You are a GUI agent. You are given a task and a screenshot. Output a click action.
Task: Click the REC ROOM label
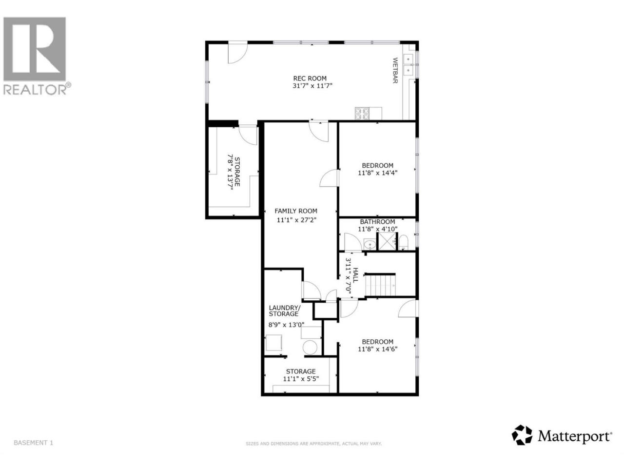310,78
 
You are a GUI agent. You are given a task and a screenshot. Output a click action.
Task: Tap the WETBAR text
395,71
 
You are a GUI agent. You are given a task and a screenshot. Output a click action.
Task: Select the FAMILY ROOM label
295,211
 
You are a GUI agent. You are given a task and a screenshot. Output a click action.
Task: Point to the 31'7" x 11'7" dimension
312,85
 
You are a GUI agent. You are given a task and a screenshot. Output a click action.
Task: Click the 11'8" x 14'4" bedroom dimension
377,173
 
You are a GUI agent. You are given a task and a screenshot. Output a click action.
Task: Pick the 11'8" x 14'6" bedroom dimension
377,349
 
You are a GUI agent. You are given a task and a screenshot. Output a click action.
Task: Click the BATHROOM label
377,222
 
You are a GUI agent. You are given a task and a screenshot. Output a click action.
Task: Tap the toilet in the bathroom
403,242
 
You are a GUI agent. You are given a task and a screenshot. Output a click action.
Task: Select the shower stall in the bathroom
386,241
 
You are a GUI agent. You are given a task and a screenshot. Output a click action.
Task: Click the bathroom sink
370,244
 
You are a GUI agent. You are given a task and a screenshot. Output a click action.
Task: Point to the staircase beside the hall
380,285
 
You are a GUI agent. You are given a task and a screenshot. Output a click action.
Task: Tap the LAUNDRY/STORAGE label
284,311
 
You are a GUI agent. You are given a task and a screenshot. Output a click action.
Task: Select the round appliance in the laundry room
310,348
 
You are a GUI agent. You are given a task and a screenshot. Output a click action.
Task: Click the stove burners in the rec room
362,114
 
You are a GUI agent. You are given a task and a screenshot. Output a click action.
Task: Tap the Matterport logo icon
522,443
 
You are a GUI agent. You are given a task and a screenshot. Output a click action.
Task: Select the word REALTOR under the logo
35,90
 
